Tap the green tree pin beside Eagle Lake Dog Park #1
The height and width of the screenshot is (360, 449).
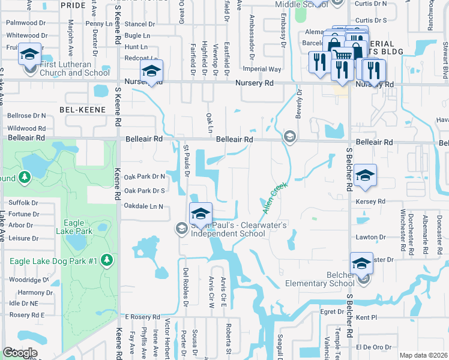pos(107,259)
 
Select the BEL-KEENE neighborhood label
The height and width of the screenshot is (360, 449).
pos(82,110)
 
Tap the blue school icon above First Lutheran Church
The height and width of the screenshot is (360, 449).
pos(29,55)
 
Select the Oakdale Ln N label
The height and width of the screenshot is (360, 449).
pos(143,206)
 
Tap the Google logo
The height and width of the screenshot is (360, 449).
pos(20,352)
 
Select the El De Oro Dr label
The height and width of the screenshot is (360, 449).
pos(374,347)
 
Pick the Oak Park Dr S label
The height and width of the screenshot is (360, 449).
pos(144,191)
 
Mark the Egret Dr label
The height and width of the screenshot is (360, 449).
pos(331,311)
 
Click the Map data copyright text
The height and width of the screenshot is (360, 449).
pos(423,355)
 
